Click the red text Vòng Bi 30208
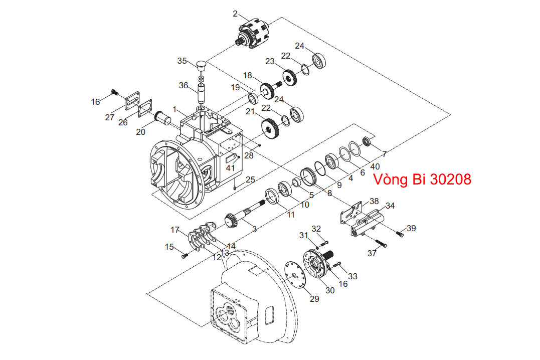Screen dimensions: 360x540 [x=422, y=179]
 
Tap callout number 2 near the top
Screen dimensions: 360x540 [x=235, y=14]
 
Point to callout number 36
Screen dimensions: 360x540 [x=184, y=85]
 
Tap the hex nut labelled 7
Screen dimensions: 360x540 [x=367, y=141]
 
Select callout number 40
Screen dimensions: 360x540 [x=375, y=166]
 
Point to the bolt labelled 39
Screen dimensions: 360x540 [x=400, y=233]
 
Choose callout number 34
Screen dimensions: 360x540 [x=390, y=205]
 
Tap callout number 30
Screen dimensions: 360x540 [x=329, y=290]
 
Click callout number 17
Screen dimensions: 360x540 [x=174, y=230]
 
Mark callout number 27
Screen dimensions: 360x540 [x=110, y=117]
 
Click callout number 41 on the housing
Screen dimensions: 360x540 [x=230, y=168]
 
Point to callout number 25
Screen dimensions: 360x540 [x=250, y=179]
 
